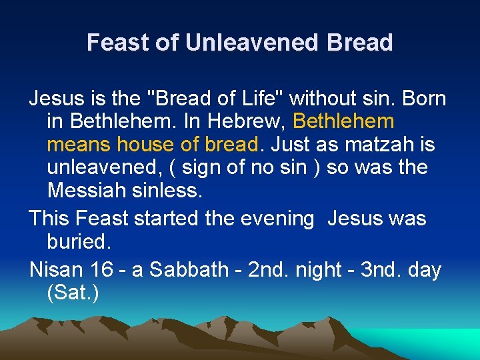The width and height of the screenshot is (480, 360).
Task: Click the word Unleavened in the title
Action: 253,43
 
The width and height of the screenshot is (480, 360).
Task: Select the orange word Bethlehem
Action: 343,122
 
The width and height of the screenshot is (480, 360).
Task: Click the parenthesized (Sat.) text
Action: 73,293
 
